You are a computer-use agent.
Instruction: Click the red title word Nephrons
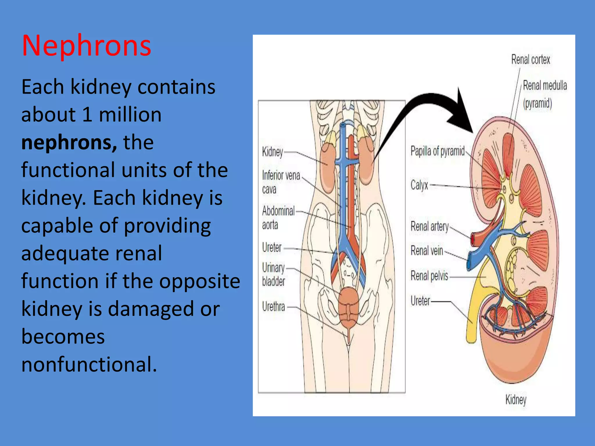pyautogui.click(x=86, y=46)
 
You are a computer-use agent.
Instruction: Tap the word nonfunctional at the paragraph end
pyautogui.click(x=89, y=364)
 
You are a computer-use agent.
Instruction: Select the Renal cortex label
pyautogui.click(x=531, y=60)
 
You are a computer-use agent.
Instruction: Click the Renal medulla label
pyautogui.click(x=545, y=86)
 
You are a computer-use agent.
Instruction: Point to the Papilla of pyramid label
pyautogui.click(x=437, y=151)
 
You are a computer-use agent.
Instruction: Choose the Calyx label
pyautogui.click(x=419, y=185)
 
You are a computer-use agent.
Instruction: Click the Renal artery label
pyautogui.click(x=429, y=226)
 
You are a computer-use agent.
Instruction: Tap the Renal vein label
pyautogui.click(x=426, y=251)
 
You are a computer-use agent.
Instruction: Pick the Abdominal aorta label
pyautogui.click(x=278, y=217)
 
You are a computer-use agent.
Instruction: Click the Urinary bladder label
pyautogui.click(x=273, y=274)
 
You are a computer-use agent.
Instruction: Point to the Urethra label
pyautogui.click(x=273, y=307)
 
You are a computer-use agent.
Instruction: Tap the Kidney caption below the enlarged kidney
pyautogui.click(x=516, y=400)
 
